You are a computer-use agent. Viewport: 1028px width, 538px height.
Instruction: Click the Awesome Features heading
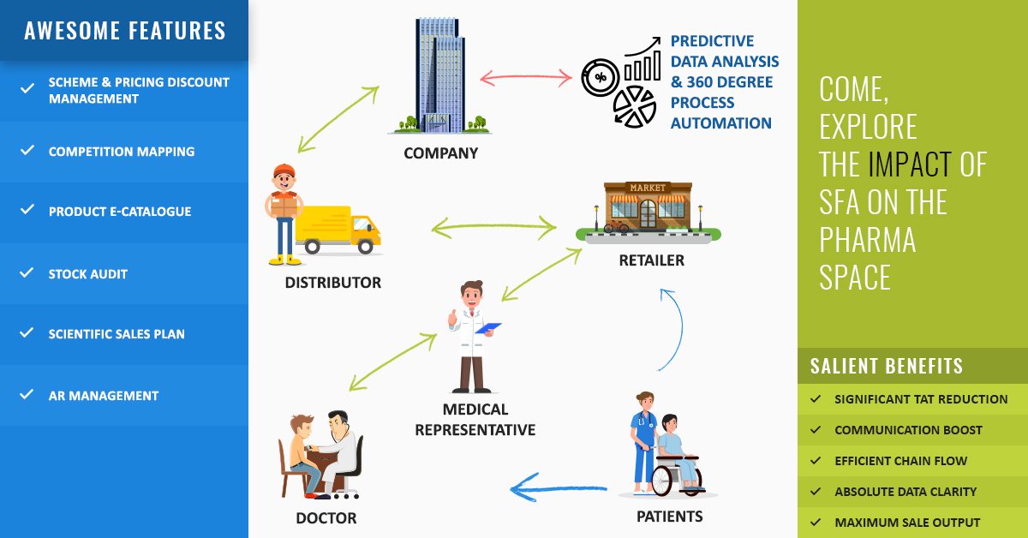[125, 32]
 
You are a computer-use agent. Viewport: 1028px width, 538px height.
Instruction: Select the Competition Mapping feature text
[122, 152]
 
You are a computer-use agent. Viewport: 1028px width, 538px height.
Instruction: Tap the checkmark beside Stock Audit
[27, 273]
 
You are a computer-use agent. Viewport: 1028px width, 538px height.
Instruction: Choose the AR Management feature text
[104, 396]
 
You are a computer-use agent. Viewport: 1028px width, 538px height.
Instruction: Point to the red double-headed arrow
[525, 79]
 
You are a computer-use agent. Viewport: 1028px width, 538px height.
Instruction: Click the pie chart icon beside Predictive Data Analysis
[634, 105]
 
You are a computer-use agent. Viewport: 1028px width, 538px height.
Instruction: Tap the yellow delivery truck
[338, 230]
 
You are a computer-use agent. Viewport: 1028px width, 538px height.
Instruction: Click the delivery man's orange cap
[284, 170]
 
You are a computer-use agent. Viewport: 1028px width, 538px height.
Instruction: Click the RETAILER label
[651, 260]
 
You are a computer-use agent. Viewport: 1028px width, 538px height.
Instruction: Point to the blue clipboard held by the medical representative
[488, 327]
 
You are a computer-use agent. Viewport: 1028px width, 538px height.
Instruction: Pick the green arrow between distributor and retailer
[494, 228]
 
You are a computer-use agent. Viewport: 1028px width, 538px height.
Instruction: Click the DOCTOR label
[326, 517]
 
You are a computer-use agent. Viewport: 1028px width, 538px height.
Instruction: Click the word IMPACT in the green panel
[909, 164]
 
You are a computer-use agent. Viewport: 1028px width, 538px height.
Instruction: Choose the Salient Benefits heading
[886, 367]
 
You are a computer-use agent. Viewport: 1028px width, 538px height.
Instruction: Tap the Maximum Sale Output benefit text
[907, 523]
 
